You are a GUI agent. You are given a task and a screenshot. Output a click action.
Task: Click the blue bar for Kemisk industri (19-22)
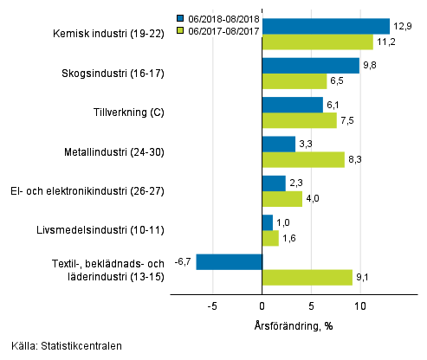click(325, 26)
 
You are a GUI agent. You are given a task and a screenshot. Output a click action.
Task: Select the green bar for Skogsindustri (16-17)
click(294, 80)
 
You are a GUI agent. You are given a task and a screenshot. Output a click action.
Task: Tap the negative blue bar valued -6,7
click(229, 261)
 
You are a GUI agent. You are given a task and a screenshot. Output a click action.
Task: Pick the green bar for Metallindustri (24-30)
click(302, 159)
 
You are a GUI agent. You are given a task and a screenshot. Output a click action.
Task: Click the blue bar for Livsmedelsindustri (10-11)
click(267, 222)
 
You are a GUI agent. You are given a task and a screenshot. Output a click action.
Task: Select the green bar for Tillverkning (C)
click(299, 120)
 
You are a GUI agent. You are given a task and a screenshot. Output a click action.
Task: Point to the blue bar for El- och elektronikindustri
click(273, 183)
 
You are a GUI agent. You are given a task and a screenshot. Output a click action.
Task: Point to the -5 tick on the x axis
click(211, 305)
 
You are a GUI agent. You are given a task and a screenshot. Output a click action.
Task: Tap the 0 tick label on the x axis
click(262, 305)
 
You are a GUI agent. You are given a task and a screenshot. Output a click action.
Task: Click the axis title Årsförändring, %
click(295, 325)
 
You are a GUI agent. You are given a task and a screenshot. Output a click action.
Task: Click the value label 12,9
click(402, 26)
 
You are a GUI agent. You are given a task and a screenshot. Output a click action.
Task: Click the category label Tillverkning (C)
click(128, 112)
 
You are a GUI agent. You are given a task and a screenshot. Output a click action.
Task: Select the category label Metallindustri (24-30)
click(116, 151)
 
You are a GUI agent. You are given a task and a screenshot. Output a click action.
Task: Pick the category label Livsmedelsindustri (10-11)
click(107, 230)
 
